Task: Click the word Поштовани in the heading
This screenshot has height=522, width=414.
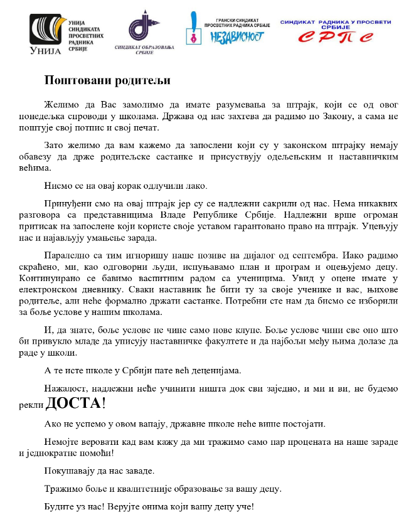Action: tap(73, 81)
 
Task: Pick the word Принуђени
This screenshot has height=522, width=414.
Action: tap(66, 205)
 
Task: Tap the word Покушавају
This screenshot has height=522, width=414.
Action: tap(68, 471)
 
